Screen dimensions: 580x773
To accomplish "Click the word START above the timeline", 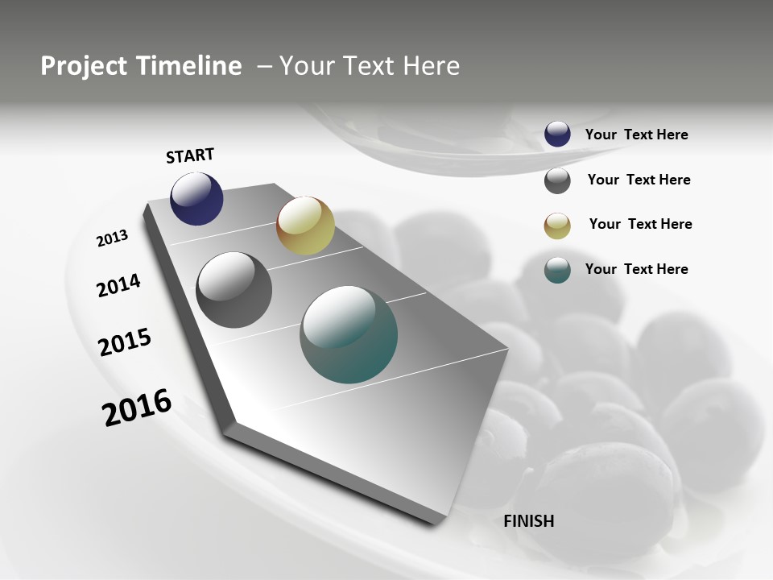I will click(x=190, y=155).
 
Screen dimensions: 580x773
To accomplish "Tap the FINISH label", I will click(x=528, y=521).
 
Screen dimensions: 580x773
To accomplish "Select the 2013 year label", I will click(x=112, y=238).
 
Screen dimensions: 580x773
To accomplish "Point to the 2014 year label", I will click(x=118, y=285).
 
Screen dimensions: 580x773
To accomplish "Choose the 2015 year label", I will click(x=125, y=342).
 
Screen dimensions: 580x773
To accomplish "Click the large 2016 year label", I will click(x=137, y=407).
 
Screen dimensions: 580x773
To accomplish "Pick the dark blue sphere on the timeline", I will click(x=196, y=199).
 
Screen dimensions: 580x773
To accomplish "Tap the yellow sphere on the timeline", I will click(x=305, y=226).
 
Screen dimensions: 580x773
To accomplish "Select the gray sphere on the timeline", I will click(x=234, y=290).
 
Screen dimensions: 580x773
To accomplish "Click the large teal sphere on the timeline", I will click(x=349, y=334).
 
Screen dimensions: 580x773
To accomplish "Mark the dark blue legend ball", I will click(x=557, y=134).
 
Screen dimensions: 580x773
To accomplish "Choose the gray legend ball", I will click(x=557, y=180).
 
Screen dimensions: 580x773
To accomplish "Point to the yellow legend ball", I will click(x=557, y=226).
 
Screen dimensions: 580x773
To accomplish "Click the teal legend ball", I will click(x=557, y=270).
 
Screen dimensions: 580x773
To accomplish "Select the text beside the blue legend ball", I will click(x=636, y=135).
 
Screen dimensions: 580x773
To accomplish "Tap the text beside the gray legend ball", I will click(x=639, y=180).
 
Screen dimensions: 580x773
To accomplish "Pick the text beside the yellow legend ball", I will click(x=640, y=224).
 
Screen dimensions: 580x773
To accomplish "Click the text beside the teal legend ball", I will click(x=636, y=269).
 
